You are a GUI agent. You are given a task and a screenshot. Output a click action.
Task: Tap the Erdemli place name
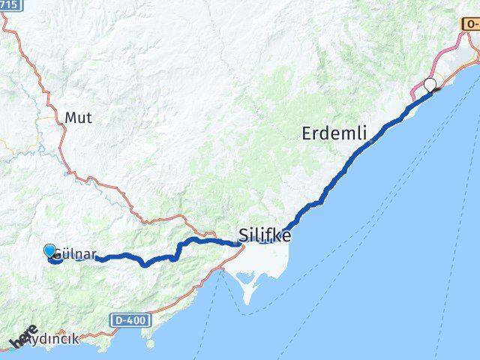coord(334,134)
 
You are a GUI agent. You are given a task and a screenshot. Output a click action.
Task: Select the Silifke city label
coord(265,235)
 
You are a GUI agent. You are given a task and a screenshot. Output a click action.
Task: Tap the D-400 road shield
coord(132,320)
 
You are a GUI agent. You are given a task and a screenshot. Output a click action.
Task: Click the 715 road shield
coord(8,4)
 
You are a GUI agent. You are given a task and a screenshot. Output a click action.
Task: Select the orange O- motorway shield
coord(470,25)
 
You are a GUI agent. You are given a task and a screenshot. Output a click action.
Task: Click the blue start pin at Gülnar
coord(50,251)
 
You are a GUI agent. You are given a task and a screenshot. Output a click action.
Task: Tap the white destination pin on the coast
coord(430,84)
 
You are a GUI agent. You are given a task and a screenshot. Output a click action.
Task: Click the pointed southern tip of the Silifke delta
coord(245,303)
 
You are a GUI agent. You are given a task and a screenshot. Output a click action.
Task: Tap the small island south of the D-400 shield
coord(151,345)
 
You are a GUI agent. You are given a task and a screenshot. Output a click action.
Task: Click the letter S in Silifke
coord(244,235)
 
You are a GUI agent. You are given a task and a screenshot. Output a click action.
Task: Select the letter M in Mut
coord(70,118)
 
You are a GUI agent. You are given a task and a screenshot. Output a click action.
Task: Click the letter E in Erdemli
coord(307,134)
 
